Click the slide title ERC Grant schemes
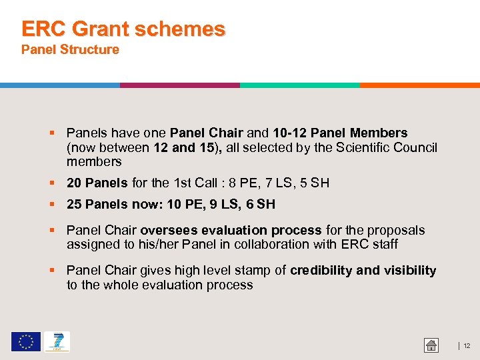123,29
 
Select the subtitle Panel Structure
70,49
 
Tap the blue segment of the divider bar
60,85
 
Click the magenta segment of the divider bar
180,85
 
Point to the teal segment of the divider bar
300,85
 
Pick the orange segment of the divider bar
420,85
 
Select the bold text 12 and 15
183,147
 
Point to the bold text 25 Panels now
111,204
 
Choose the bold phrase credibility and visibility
363,270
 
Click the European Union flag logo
25,342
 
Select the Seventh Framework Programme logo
57,342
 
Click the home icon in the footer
431,345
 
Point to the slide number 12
467,345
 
